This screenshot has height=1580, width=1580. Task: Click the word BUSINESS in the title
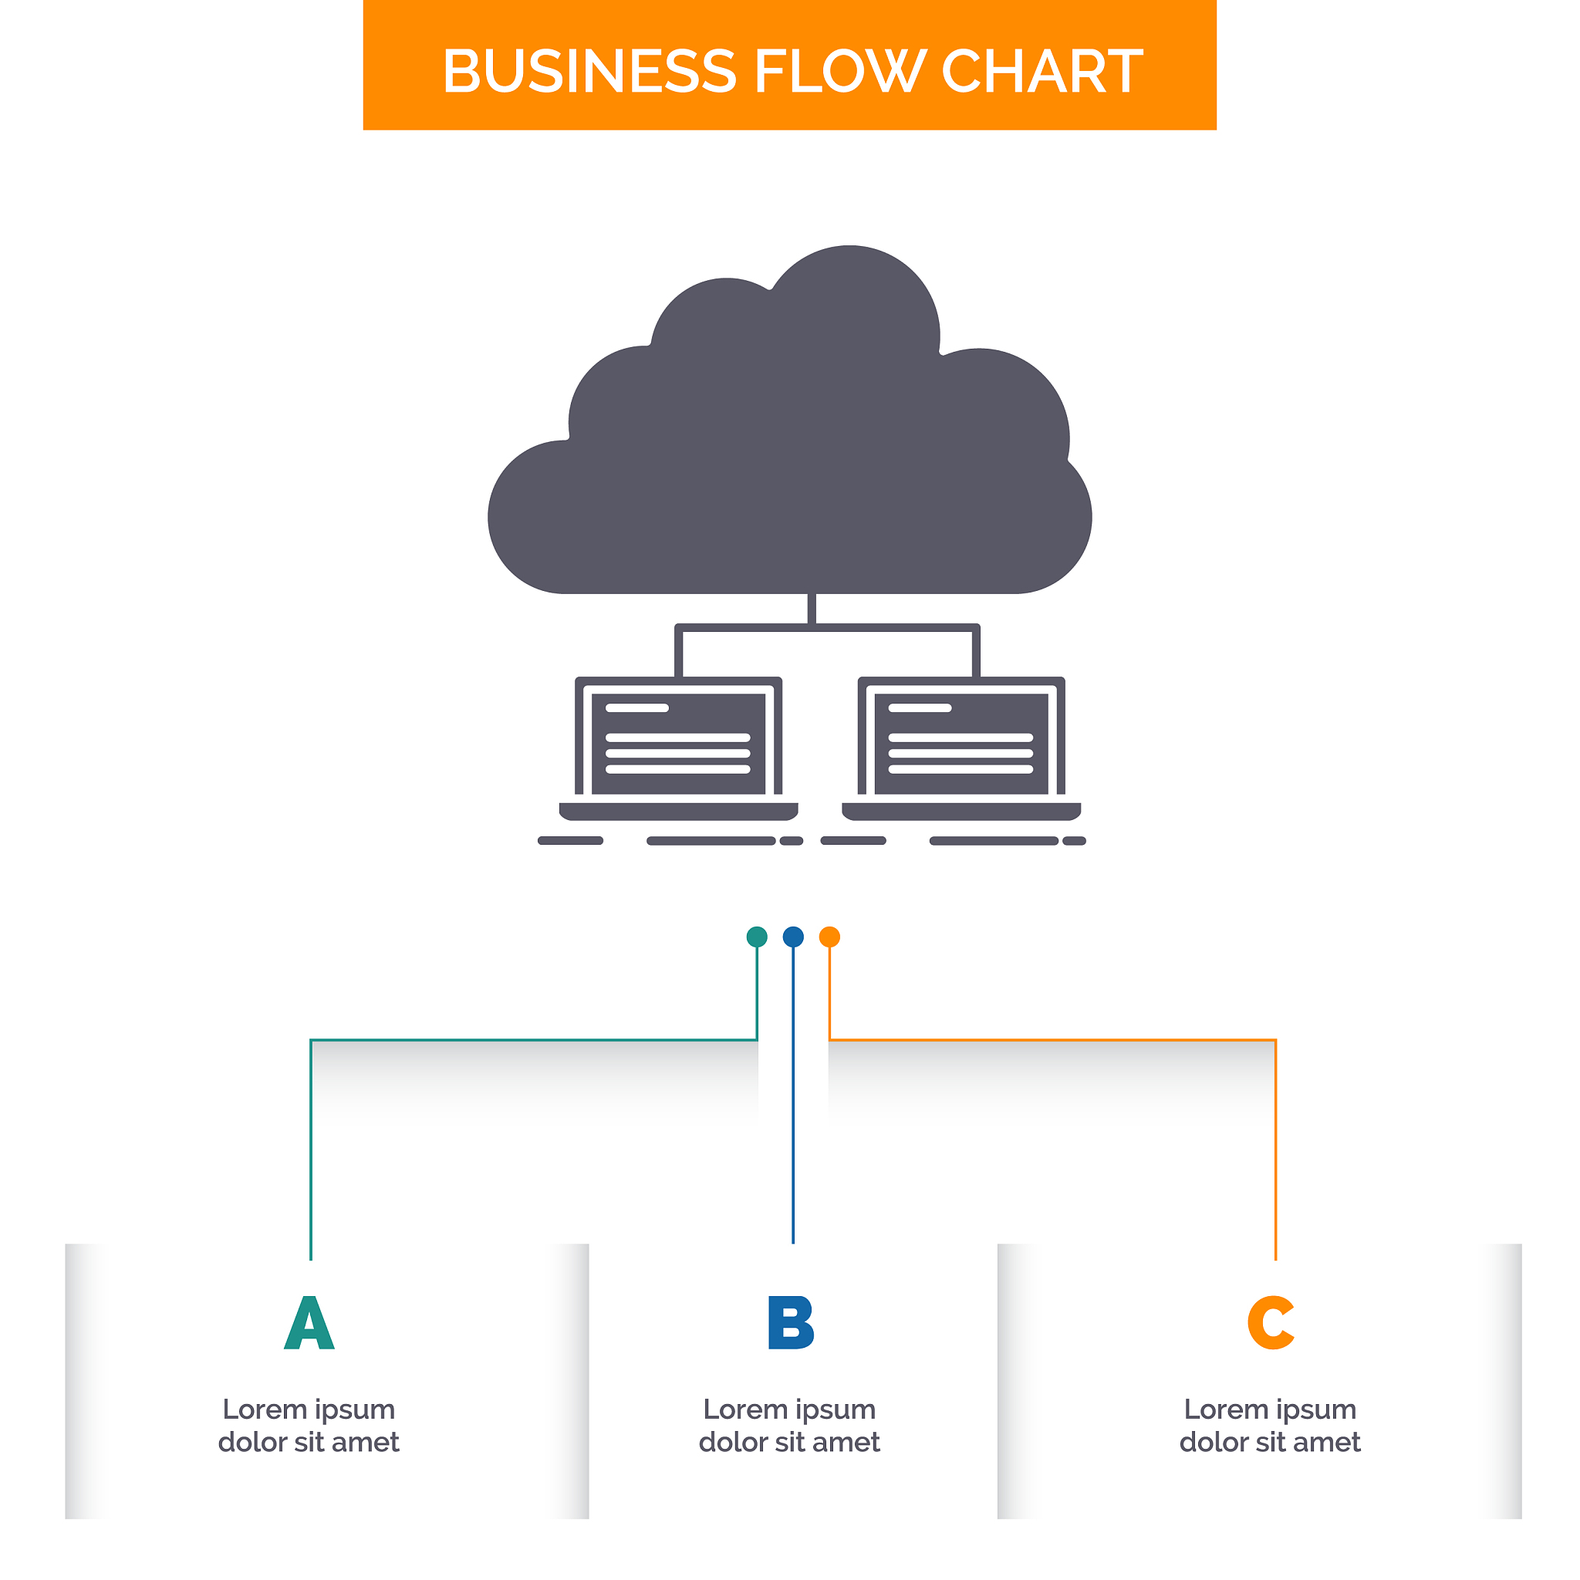click(x=589, y=71)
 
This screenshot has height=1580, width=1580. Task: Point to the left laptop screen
click(x=678, y=744)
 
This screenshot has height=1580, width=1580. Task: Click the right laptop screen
click(x=961, y=744)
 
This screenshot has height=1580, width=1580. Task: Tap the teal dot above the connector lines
click(x=758, y=937)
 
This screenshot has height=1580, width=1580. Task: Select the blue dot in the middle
click(x=793, y=937)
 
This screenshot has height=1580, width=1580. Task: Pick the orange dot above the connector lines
click(x=829, y=937)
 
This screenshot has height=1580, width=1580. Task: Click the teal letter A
click(x=309, y=1323)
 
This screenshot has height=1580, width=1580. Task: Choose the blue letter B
click(x=791, y=1323)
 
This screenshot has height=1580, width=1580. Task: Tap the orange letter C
click(x=1271, y=1323)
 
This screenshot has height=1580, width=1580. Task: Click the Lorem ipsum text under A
click(x=309, y=1426)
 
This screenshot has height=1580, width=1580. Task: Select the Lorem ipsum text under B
click(x=789, y=1426)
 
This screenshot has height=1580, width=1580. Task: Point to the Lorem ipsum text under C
click(x=1270, y=1426)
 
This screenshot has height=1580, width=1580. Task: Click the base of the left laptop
click(x=678, y=812)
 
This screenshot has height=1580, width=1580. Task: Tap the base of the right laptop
click(x=961, y=812)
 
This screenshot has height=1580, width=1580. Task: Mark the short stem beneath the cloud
click(x=812, y=609)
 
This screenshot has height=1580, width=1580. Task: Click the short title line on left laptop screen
click(x=637, y=708)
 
